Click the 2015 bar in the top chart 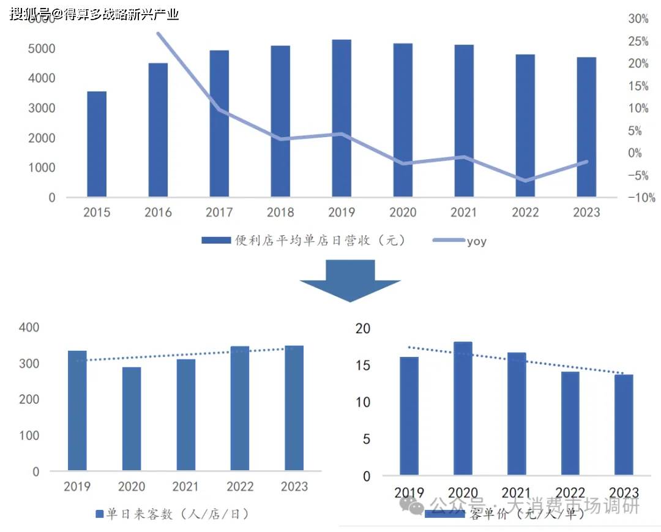click(x=97, y=144)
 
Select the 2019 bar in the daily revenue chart click(x=342, y=119)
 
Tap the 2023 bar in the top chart click(x=586, y=127)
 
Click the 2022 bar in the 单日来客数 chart click(x=240, y=408)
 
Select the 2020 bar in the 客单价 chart click(x=463, y=408)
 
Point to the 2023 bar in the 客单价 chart click(x=624, y=425)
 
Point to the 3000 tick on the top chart click(x=43, y=108)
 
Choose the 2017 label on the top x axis click(x=219, y=212)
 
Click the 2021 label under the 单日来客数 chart click(x=185, y=487)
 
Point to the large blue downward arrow click(x=350, y=280)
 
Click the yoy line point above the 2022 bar click(x=525, y=181)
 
